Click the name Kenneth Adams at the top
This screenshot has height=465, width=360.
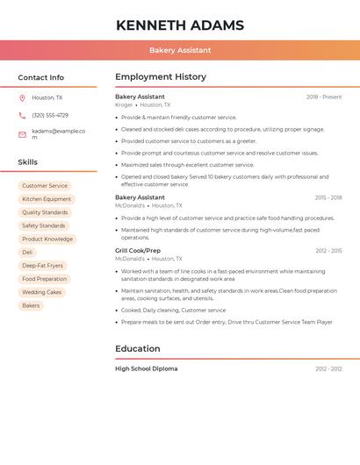[x=180, y=25]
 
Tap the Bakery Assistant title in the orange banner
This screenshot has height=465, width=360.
[x=180, y=50]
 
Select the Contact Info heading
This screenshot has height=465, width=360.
[x=41, y=77]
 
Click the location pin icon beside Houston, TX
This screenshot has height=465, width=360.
[x=22, y=97]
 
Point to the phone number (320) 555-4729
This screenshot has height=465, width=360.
[x=50, y=115]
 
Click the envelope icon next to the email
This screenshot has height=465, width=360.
[x=22, y=134]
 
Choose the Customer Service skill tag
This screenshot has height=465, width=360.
[x=45, y=186]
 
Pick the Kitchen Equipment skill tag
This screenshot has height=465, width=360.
[x=47, y=199]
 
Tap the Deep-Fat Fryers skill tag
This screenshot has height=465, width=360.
[x=43, y=266]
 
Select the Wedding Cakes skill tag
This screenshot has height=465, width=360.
[x=42, y=292]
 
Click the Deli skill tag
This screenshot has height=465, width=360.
[x=27, y=253]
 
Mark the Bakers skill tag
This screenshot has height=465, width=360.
[x=31, y=305]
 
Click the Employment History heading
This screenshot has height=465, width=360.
[x=161, y=77]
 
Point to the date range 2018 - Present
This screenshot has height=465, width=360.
[x=324, y=97]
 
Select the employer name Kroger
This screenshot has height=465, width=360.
[x=124, y=104]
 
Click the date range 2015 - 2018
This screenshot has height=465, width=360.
[x=328, y=197]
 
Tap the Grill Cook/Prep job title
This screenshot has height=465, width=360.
[x=138, y=251]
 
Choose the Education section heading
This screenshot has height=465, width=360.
[x=138, y=348]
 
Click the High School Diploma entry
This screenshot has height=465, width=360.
[x=146, y=368]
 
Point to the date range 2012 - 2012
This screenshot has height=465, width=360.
[x=328, y=368]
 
